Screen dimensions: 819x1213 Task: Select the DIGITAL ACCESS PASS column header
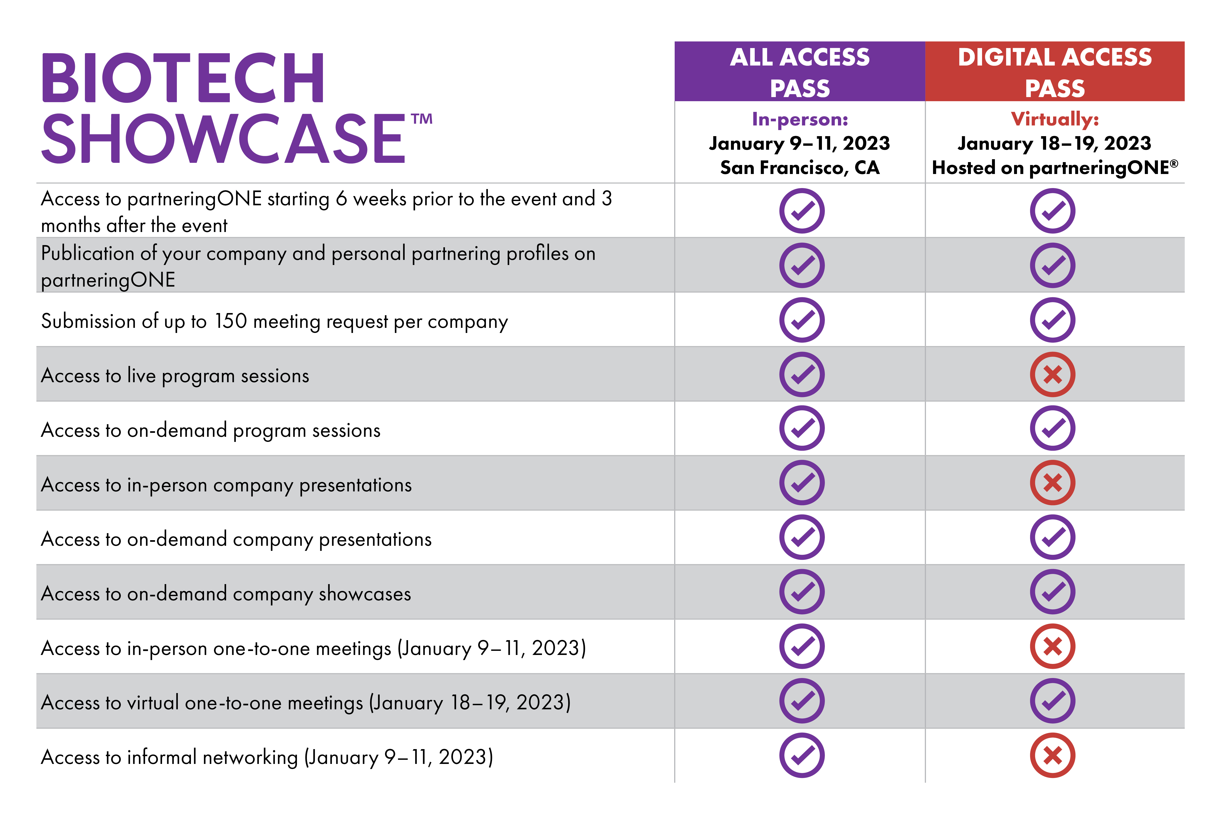[x=1054, y=72]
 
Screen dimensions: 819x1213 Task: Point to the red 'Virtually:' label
[x=1054, y=119]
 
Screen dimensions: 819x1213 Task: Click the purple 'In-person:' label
[x=800, y=119]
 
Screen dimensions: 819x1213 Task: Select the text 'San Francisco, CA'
[x=800, y=167]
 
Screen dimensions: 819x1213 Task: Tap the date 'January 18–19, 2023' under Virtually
[x=1054, y=143]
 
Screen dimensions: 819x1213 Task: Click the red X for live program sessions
[x=1052, y=374]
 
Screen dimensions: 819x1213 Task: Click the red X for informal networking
[x=1052, y=755]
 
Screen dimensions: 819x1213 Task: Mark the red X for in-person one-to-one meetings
[x=1052, y=646]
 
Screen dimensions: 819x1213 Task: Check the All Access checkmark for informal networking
[x=802, y=755]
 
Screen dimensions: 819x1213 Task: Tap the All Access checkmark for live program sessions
[x=802, y=374]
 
